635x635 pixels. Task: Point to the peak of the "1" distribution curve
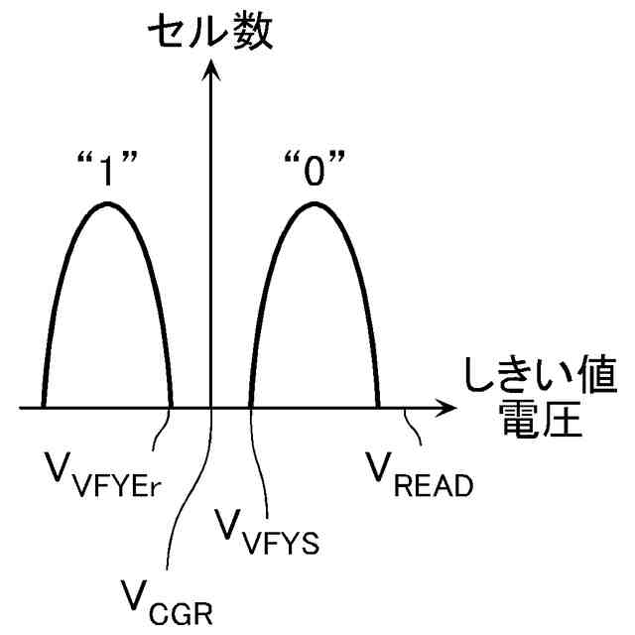(x=105, y=203)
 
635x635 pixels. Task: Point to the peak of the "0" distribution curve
(x=315, y=203)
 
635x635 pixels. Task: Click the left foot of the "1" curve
(x=43, y=405)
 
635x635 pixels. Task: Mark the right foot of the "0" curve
(x=378, y=405)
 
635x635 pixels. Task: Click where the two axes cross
(x=211, y=407)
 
